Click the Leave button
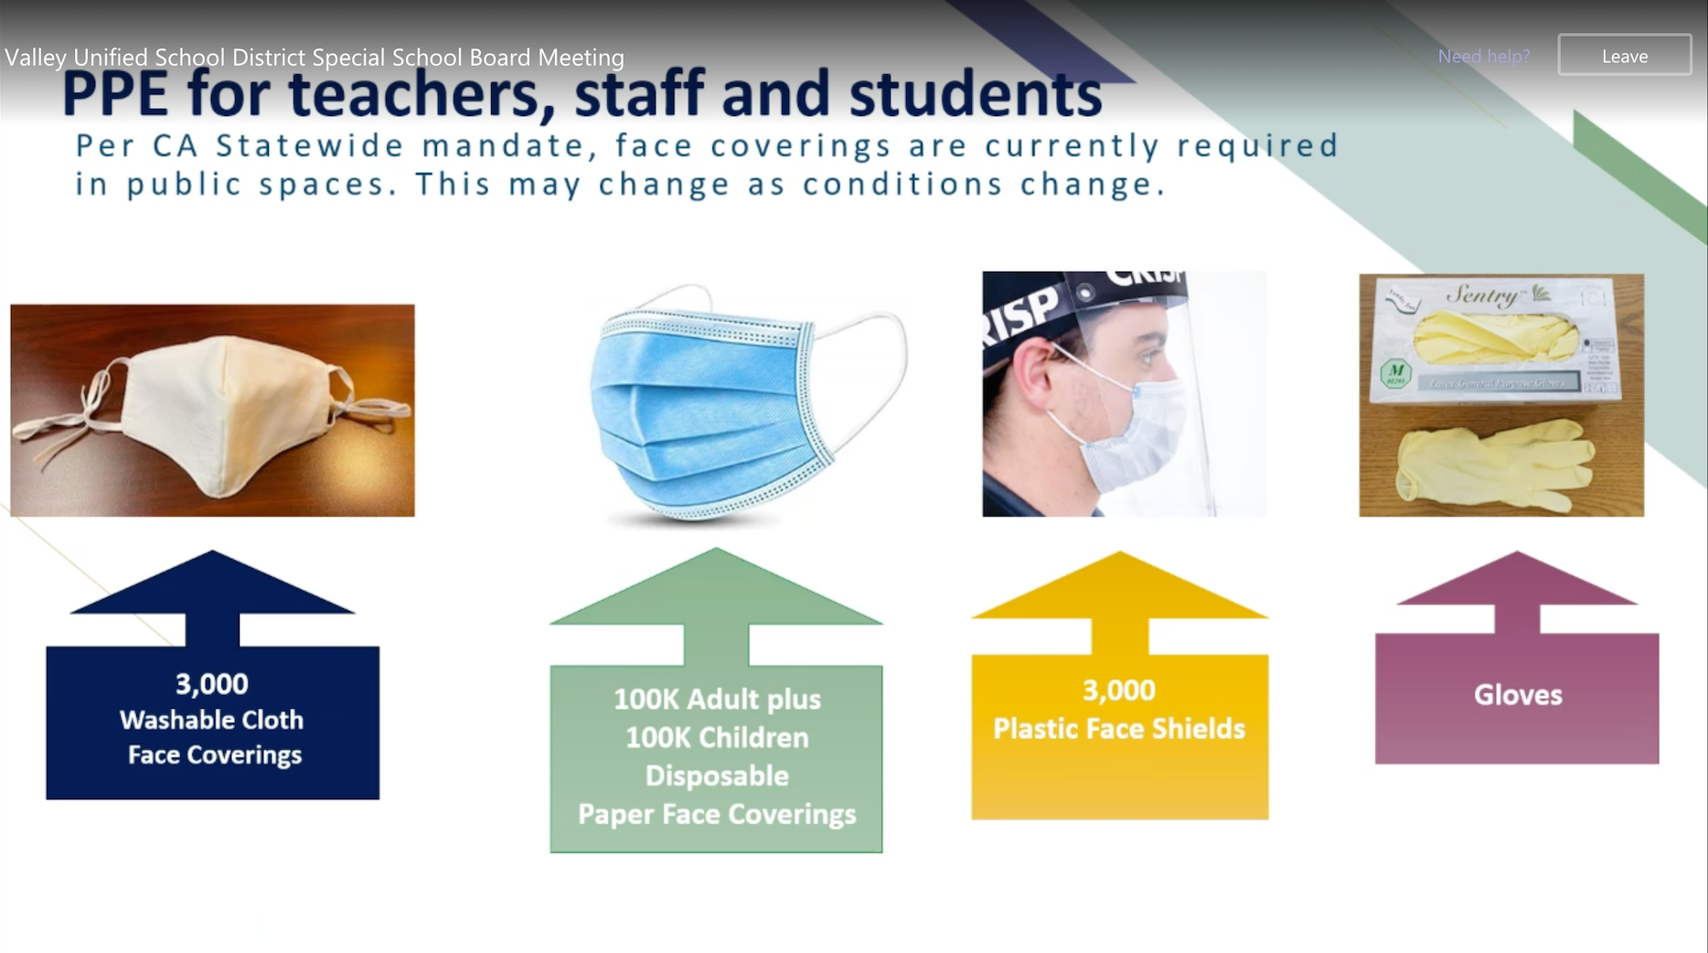1625,56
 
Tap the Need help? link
1484,56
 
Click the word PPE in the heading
115,94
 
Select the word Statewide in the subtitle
310,145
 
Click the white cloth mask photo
212,411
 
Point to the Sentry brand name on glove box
1482,295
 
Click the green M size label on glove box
1396,373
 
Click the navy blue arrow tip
213,551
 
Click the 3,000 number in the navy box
212,684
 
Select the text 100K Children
717,737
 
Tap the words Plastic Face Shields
1119,729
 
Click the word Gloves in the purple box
1518,695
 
